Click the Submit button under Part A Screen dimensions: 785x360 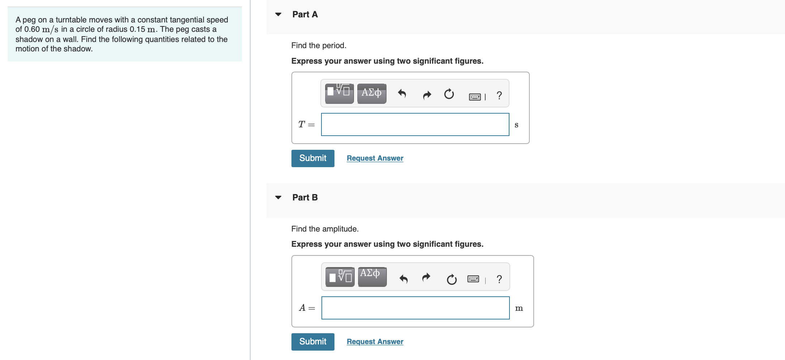[x=313, y=158]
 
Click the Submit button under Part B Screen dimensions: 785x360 [x=313, y=342]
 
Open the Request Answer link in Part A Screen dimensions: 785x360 [x=375, y=158]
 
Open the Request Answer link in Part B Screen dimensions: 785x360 [x=375, y=342]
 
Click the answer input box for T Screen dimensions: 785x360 [x=415, y=124]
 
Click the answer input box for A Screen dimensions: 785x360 [x=415, y=308]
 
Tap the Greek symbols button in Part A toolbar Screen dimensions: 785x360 [x=372, y=94]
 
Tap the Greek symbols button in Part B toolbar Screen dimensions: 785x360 [x=372, y=277]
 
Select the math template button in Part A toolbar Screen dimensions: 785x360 [x=339, y=94]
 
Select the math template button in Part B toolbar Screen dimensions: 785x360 [x=340, y=277]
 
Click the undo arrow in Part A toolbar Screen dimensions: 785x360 [x=402, y=94]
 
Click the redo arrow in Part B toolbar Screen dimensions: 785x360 [x=426, y=278]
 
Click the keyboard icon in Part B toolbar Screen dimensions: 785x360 [x=473, y=279]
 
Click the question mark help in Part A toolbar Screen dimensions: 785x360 [x=499, y=95]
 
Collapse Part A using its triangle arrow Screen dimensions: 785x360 [x=278, y=14]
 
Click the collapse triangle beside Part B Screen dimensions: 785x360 [x=278, y=198]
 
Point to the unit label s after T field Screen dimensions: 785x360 [x=516, y=125]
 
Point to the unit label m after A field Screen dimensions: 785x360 [x=519, y=308]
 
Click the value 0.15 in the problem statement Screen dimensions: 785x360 [x=137, y=29]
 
